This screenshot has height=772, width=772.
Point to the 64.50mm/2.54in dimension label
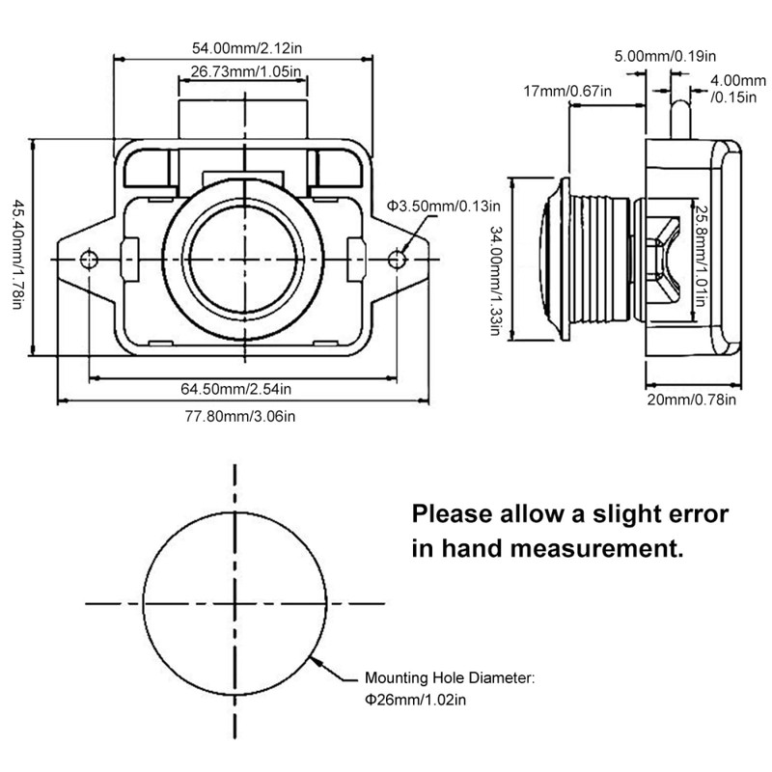click(x=237, y=389)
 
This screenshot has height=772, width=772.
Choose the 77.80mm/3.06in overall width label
click(x=237, y=416)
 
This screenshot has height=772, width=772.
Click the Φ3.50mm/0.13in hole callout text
click(x=443, y=206)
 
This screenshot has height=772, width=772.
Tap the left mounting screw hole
click(x=90, y=259)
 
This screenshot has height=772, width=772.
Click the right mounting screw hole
click(x=399, y=259)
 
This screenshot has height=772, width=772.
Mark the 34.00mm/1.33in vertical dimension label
click(x=495, y=280)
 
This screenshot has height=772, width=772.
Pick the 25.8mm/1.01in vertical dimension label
click(x=703, y=253)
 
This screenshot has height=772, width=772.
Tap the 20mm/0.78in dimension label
click(x=691, y=400)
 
